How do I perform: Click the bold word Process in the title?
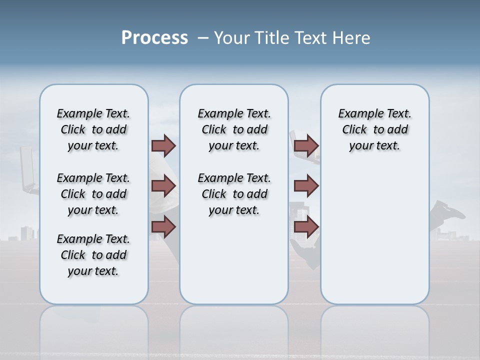point(154,38)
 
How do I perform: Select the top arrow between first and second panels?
point(163,145)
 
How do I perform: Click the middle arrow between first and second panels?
point(163,186)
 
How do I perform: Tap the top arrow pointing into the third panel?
point(306,145)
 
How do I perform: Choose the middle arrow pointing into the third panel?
point(306,186)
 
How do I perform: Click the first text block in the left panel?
point(93,129)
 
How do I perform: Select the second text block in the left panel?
point(93,194)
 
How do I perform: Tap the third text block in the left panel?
point(93,255)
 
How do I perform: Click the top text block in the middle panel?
point(234,129)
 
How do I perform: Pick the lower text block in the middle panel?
point(234,194)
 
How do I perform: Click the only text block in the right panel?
point(374,129)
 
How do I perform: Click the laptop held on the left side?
point(28,170)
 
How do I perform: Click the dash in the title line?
point(203,38)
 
